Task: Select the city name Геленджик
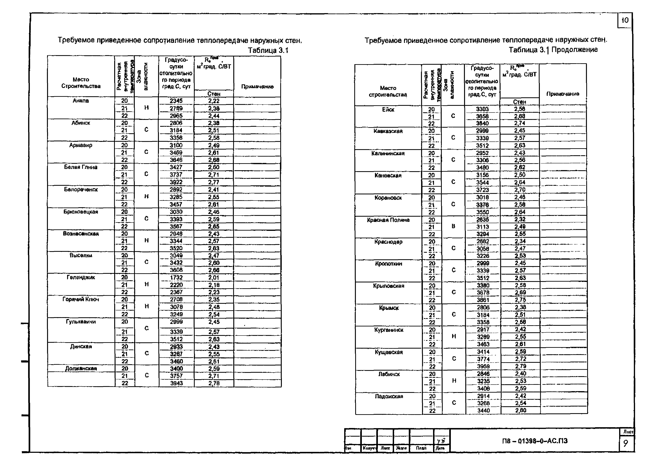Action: coord(81,277)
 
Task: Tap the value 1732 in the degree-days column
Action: coord(176,277)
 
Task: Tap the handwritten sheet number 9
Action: coord(626,444)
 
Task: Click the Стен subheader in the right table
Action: coord(520,102)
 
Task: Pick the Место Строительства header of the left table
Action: coord(81,83)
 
